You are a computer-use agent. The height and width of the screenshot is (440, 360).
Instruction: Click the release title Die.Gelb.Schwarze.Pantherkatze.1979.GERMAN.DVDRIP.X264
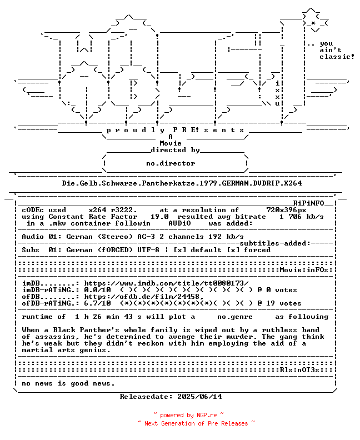pyautogui.click(x=182, y=183)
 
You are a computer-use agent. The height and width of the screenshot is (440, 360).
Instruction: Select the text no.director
pyautogui.click(x=171, y=163)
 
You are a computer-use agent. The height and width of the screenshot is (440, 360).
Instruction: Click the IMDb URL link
pyautogui.click(x=166, y=283)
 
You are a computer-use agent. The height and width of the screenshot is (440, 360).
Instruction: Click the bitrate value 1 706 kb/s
pyautogui.click(x=302, y=217)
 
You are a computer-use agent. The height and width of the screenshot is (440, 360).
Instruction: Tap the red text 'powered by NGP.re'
pyautogui.click(x=188, y=415)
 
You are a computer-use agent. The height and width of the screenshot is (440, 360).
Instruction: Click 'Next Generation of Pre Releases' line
pyautogui.click(x=196, y=423)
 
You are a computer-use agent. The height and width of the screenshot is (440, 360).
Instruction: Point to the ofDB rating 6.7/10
pyautogui.click(x=97, y=303)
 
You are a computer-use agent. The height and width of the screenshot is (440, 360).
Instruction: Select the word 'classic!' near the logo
pyautogui.click(x=337, y=57)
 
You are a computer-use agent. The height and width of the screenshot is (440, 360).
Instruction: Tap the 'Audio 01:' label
pyautogui.click(x=42, y=237)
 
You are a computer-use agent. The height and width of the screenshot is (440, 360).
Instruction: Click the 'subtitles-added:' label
pyautogui.click(x=275, y=243)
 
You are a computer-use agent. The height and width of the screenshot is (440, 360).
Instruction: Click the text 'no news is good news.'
pyautogui.click(x=68, y=383)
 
